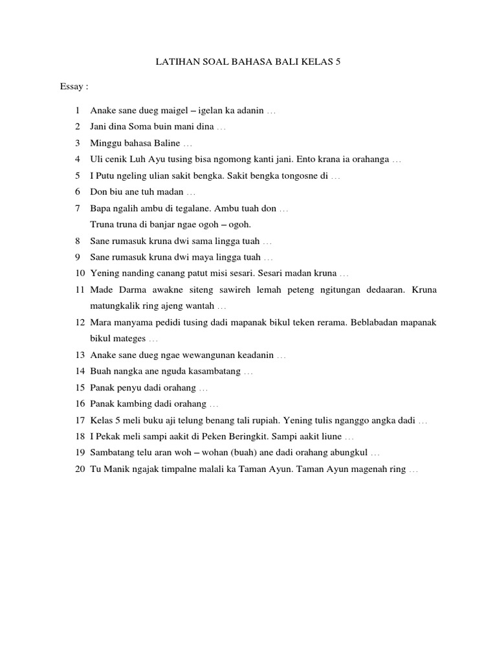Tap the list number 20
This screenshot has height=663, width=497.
80,469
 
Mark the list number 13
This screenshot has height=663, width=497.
80,355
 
